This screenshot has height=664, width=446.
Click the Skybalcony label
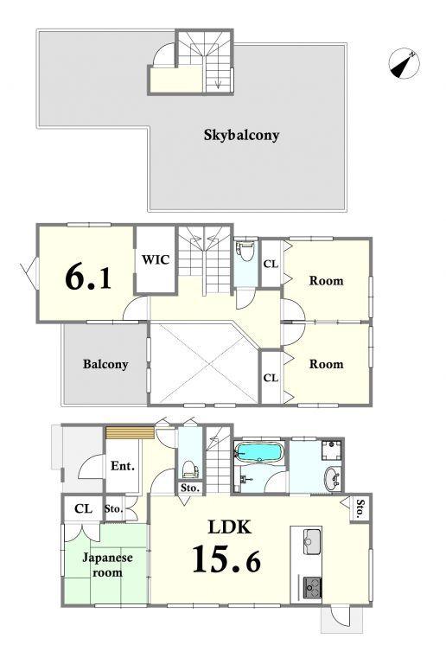242,136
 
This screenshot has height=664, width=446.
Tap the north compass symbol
405,63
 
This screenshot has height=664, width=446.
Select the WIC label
156,259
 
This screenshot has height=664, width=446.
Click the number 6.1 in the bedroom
88,278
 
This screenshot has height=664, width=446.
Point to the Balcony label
105,364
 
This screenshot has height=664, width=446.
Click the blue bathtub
259,452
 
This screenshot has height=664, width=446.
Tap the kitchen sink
312,541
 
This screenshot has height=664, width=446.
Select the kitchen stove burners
312,586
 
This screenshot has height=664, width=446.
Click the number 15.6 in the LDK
226,559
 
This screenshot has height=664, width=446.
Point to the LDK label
230,527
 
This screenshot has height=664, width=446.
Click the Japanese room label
107,565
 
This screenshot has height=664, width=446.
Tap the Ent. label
122,466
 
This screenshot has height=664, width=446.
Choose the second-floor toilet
246,252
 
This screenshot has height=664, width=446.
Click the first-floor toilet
190,469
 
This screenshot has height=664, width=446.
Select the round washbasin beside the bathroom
333,479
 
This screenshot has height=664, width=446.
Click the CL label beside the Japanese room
83,508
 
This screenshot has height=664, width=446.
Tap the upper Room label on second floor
326,281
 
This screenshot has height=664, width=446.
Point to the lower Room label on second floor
326,364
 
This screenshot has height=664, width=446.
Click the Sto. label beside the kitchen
360,509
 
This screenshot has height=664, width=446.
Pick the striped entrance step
130,433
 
